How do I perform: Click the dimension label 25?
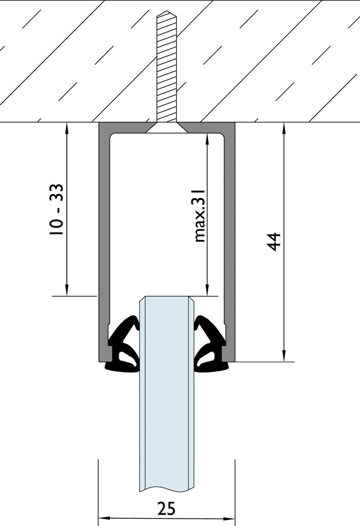[x=167, y=509]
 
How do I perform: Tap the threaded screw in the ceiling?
[x=167, y=68]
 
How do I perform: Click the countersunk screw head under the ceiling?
[x=167, y=128]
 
